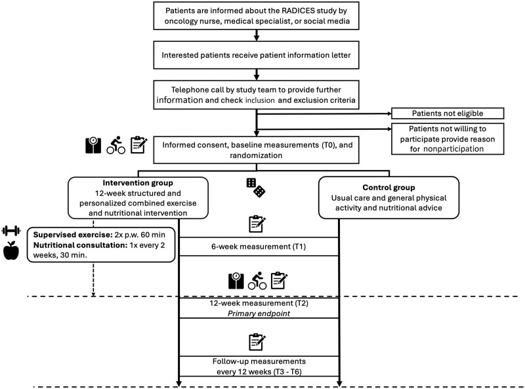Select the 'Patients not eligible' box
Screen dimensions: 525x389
click(448, 113)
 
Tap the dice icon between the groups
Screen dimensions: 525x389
click(256, 188)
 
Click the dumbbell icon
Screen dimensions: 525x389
click(11, 231)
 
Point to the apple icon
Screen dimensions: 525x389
click(11, 251)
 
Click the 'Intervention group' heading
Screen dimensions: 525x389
click(138, 183)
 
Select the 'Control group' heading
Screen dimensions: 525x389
click(388, 188)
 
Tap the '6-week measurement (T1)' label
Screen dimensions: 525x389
click(259, 247)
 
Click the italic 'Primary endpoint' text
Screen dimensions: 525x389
click(259, 314)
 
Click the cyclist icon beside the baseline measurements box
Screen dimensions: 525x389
click(116, 145)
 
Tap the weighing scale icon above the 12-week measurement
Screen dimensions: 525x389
click(236, 281)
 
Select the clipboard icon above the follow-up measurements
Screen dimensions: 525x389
click(257, 342)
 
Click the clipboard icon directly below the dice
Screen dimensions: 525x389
click(257, 224)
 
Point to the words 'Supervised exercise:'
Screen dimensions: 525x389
click(73, 235)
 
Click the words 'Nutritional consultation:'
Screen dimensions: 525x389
click(80, 245)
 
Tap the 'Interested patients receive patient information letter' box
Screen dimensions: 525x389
click(256, 55)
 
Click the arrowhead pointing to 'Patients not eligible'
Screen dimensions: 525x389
click(389, 113)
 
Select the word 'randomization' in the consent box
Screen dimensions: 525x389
click(256, 155)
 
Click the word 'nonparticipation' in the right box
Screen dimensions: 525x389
click(453, 149)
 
